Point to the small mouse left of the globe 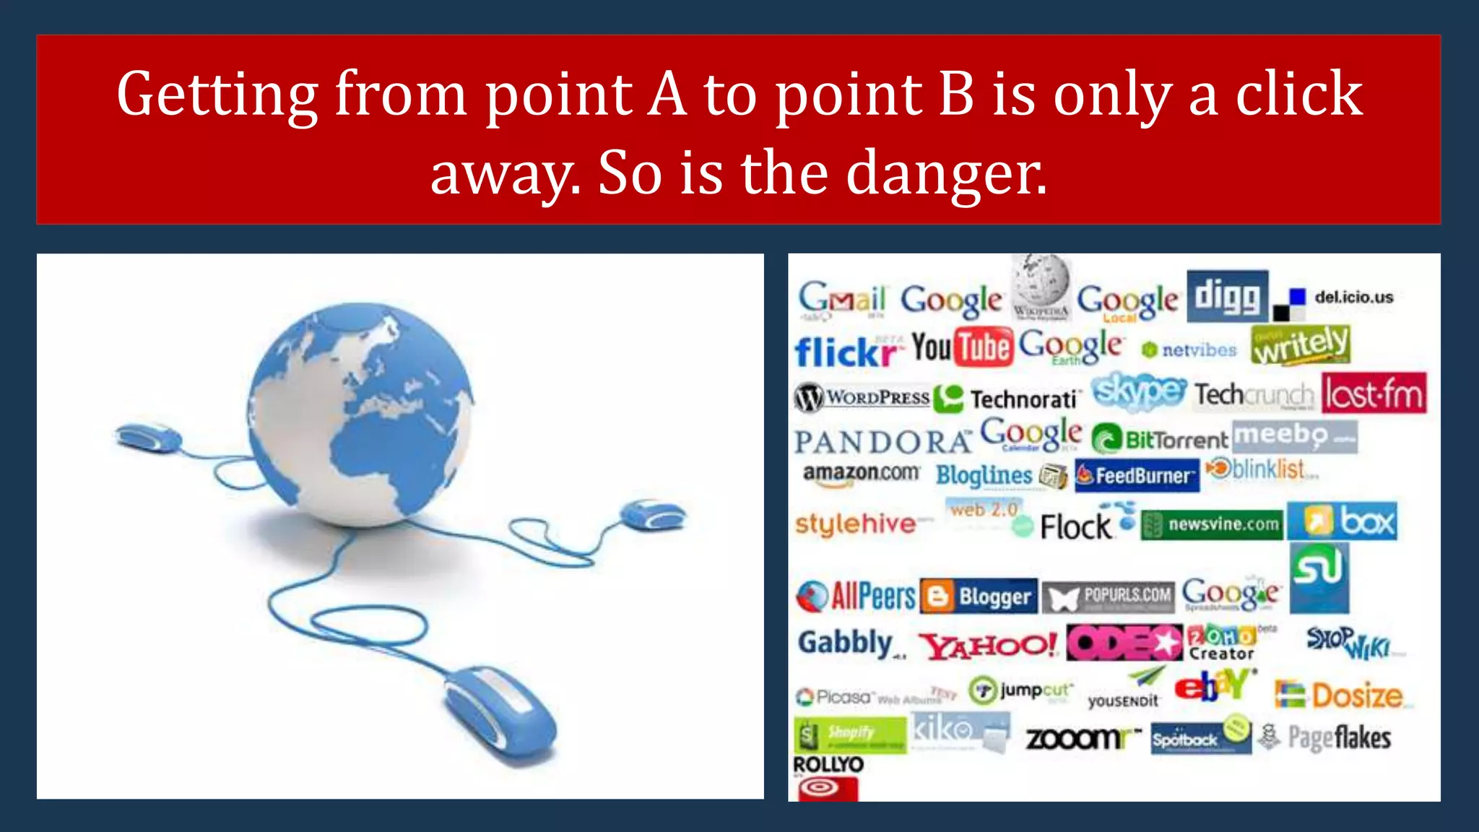coord(148,437)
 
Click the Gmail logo coord(841,298)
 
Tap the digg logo coord(1227,296)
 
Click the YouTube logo coord(963,347)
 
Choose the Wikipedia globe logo coord(1041,287)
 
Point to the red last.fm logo coord(1374,394)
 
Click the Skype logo coord(1138,391)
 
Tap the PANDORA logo coord(882,441)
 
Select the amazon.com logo coord(861,474)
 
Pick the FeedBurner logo coord(1137,475)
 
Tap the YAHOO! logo coord(988,645)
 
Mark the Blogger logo coord(979,597)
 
